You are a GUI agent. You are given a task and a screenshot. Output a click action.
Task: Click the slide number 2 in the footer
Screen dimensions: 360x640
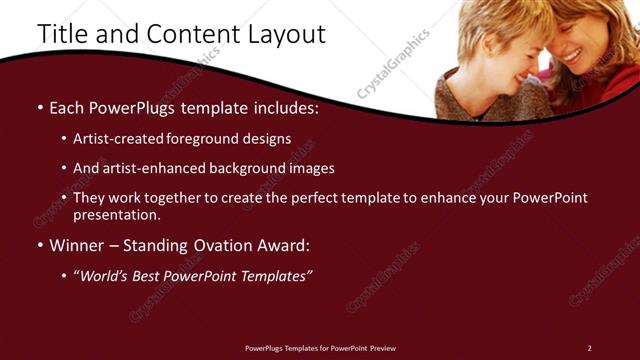pyautogui.click(x=589, y=347)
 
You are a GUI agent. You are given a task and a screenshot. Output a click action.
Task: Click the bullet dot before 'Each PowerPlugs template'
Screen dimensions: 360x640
pyautogui.click(x=39, y=108)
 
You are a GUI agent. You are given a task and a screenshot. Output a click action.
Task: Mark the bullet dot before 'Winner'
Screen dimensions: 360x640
pyautogui.click(x=39, y=245)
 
